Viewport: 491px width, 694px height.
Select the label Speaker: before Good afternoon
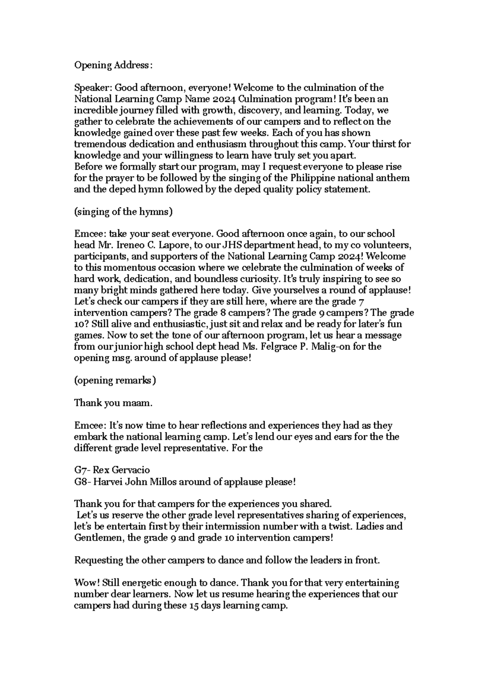pos(92,88)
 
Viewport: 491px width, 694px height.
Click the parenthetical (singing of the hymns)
pos(123,212)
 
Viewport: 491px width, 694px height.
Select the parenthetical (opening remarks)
pos(115,380)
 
